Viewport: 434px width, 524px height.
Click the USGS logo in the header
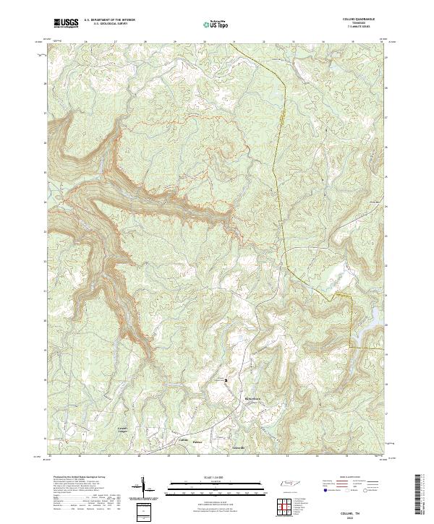[x=67, y=23]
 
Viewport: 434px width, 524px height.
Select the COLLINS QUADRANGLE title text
[x=361, y=20]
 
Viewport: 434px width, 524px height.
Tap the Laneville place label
[x=237, y=447]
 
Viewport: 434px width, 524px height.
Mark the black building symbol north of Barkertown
[x=225, y=379]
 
